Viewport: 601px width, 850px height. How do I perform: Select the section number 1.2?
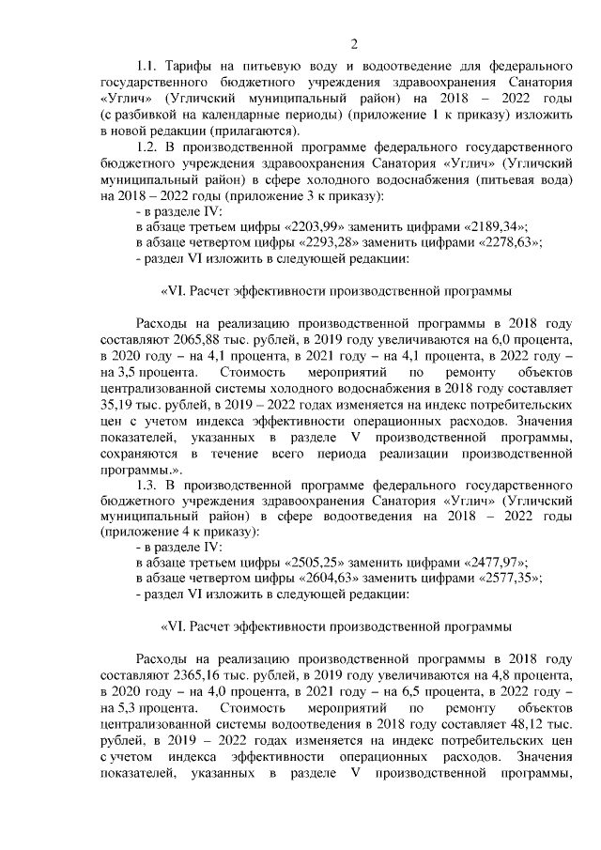150,147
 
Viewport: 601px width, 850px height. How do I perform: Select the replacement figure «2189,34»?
493,227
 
